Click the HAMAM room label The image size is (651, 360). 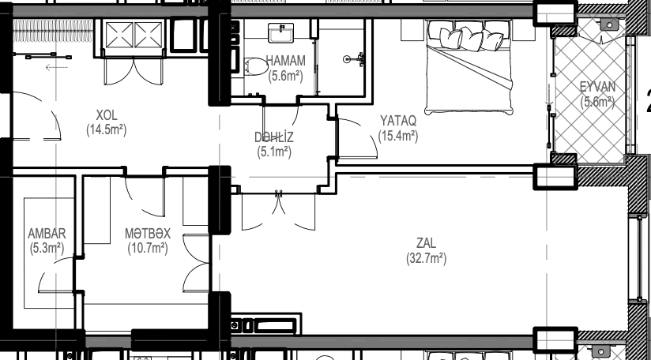286,61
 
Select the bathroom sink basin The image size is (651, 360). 280,33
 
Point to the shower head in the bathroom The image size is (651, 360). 354,59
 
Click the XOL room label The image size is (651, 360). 107,115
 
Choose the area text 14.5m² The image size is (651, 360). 107,129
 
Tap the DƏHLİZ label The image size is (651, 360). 274,137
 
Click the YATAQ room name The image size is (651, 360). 398,121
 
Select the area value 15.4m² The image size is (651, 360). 398,136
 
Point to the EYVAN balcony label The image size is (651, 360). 597,87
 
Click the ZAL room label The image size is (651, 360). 427,243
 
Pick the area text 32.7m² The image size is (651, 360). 427,258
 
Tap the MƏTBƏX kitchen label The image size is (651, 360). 148,233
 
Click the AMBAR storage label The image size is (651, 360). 47,233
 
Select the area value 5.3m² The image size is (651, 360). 47,248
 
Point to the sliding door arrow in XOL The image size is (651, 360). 56,67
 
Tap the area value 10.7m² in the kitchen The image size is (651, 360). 148,248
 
